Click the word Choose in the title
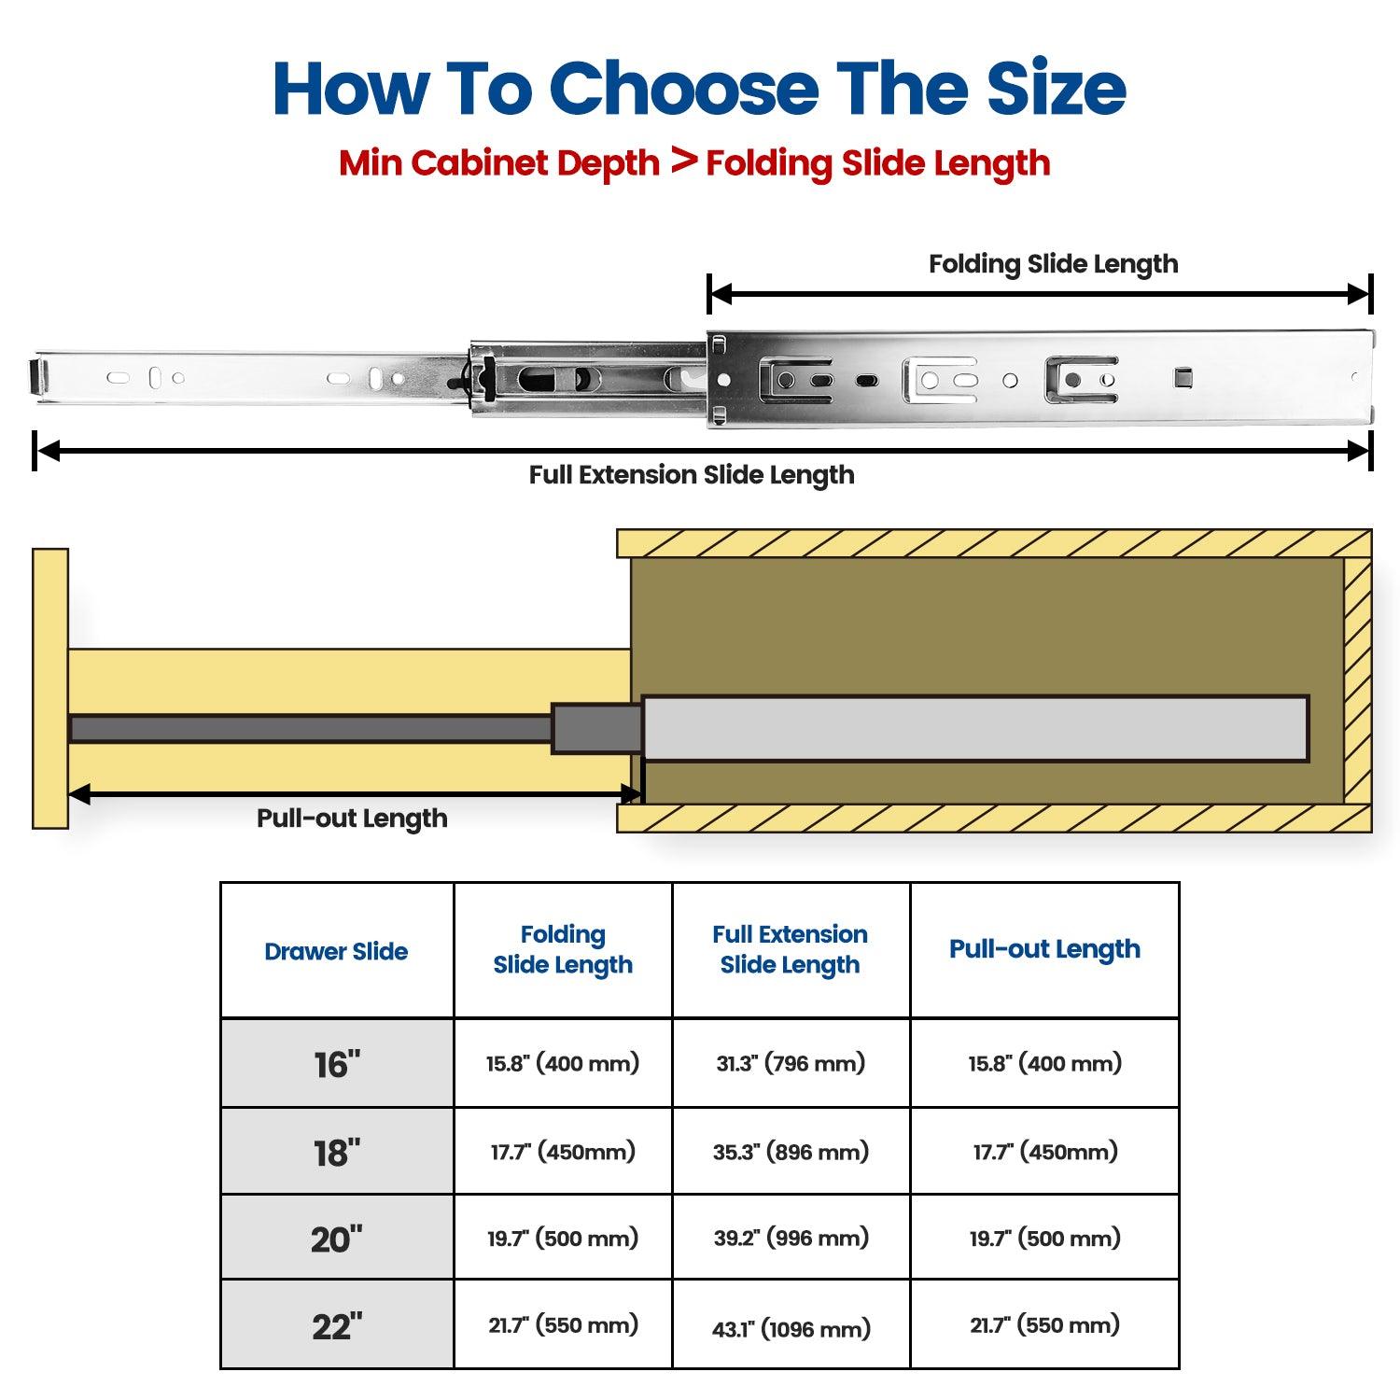(684, 89)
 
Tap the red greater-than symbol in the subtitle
(684, 161)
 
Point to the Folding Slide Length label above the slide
(1053, 264)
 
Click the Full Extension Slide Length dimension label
(692, 475)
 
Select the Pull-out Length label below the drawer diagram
(352, 819)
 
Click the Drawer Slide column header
(336, 951)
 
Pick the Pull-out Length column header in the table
(1044, 949)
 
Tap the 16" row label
(337, 1064)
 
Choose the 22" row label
(337, 1326)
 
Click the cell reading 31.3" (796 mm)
(791, 1063)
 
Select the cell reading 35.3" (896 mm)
(791, 1152)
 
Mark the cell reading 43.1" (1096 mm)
(791, 1328)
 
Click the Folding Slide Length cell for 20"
(563, 1239)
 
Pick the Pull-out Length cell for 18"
(1044, 1152)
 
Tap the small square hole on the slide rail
(1183, 378)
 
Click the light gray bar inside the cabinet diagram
(975, 728)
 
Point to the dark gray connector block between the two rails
(597, 728)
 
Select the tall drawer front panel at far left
(50, 688)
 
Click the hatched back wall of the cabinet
(1358, 680)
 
